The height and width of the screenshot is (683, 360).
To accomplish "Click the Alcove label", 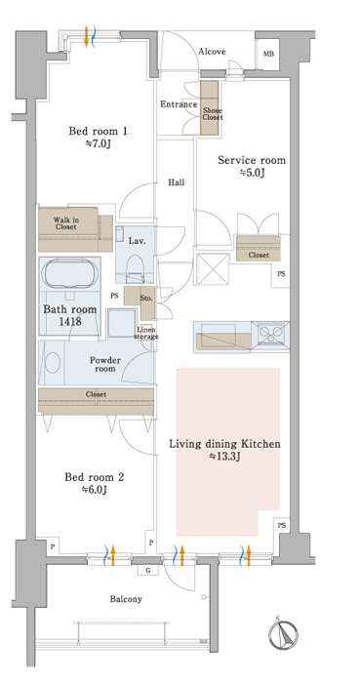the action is coord(212,52).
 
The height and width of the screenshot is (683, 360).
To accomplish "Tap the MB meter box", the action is coord(267,54).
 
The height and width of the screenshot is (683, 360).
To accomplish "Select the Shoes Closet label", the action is coord(212,114).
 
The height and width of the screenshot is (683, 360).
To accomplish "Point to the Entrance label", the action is coord(179,104).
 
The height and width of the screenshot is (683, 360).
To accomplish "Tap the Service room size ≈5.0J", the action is coord(252,173).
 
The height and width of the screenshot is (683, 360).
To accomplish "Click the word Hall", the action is coord(177,182).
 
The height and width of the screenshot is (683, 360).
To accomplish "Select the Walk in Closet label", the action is coord(65,223).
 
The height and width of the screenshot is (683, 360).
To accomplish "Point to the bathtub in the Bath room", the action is coord(69,273).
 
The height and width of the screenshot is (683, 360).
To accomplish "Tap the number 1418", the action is coord(69,322).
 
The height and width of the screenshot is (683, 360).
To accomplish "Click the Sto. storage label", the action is coord(145,299).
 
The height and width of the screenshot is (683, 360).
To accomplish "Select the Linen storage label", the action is coord(145,333).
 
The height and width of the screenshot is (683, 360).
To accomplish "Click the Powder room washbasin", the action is coord(53,362).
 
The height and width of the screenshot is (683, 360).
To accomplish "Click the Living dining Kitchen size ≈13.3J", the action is coord(225,457).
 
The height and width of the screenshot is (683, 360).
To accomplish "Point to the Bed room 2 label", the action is coord(95,477).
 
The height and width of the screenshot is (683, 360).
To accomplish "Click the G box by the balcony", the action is coord(147,570).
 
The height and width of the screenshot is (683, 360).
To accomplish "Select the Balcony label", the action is coord(126,599).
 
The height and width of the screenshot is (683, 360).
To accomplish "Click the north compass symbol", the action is coord(284,634).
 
